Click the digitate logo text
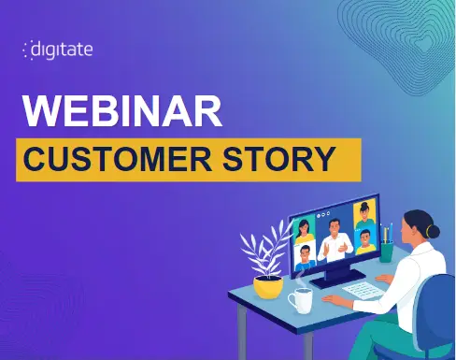coord(62,50)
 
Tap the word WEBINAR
coord(122,111)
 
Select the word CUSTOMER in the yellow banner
coord(118,159)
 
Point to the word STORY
coord(279,159)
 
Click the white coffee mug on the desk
coord(300,300)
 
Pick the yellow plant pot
coord(268,287)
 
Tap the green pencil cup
coord(386,252)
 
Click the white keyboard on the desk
coord(363,291)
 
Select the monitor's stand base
coord(338,279)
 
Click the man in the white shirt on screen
coord(335,240)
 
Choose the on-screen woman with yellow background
coord(364,214)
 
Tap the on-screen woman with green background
coord(304,231)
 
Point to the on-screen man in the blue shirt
coord(305,257)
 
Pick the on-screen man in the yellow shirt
coord(365,242)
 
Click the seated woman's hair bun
coord(434,232)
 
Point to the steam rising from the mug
coord(299,278)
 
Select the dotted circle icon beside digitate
coord(27,50)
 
